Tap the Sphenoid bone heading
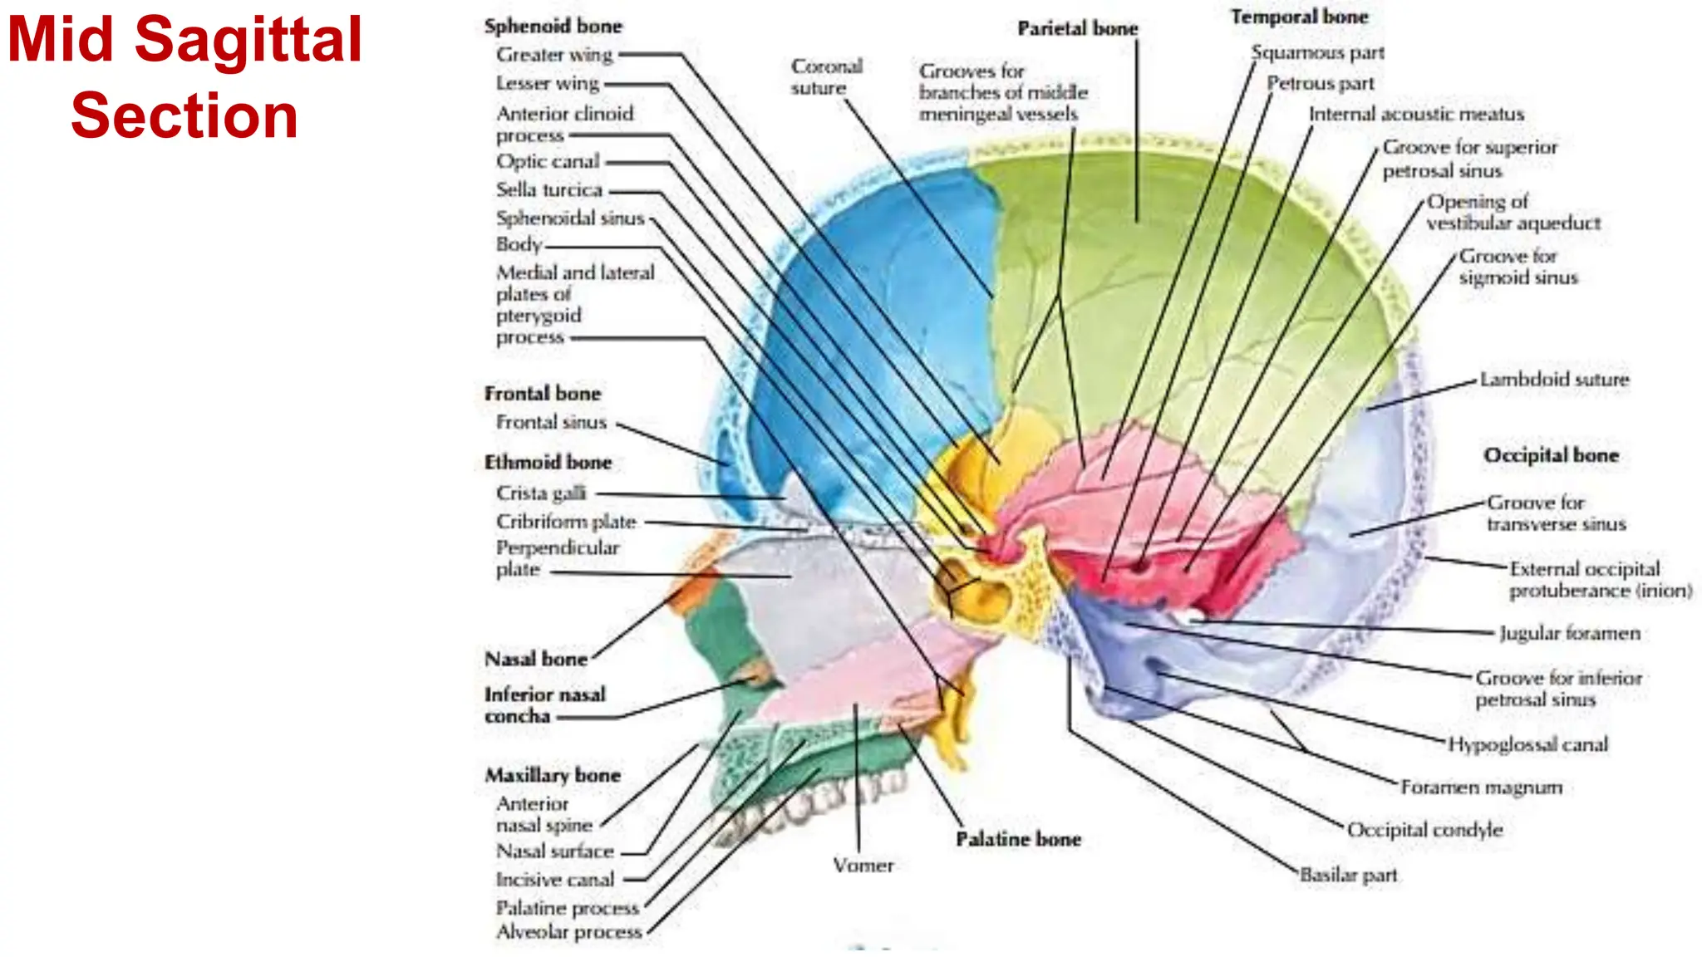pos(553,27)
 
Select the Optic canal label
pos(547,161)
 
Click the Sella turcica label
pos(548,190)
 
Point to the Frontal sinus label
pos(551,422)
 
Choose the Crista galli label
pos(540,493)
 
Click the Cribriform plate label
pos(565,522)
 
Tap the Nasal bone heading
pos(535,660)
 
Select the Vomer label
pos(863,866)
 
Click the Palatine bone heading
pos(1018,839)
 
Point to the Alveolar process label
pos(568,932)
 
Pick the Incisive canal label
pos(554,879)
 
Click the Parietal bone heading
pos(1077,29)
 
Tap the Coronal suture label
pos(825,76)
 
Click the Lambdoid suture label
pos(1553,380)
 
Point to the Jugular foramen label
pos(1569,634)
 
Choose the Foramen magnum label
pos(1481,787)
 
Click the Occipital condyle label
pos(1424,830)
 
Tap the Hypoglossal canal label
pos(1527,744)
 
